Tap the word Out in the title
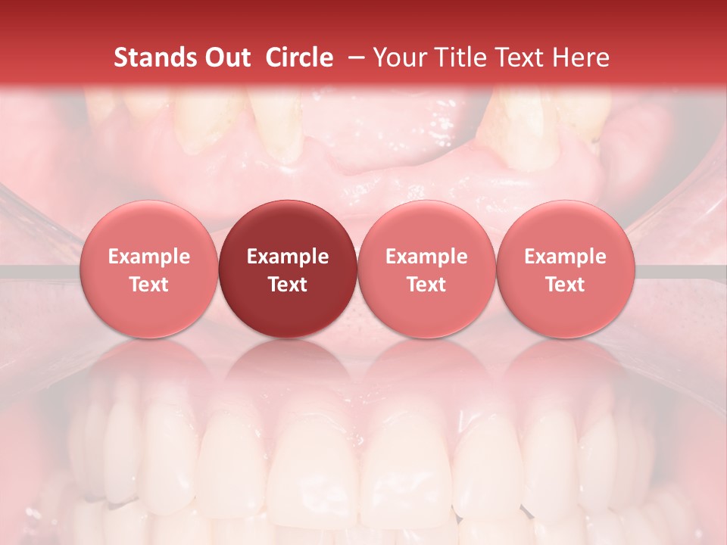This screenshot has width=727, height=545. [x=224, y=58]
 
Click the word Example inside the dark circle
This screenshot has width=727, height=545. [x=288, y=257]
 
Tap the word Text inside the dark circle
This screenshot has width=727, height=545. [x=288, y=285]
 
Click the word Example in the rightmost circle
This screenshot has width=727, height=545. [x=566, y=257]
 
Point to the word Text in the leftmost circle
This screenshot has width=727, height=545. [x=149, y=285]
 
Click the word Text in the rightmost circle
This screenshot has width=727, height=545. [x=566, y=285]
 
